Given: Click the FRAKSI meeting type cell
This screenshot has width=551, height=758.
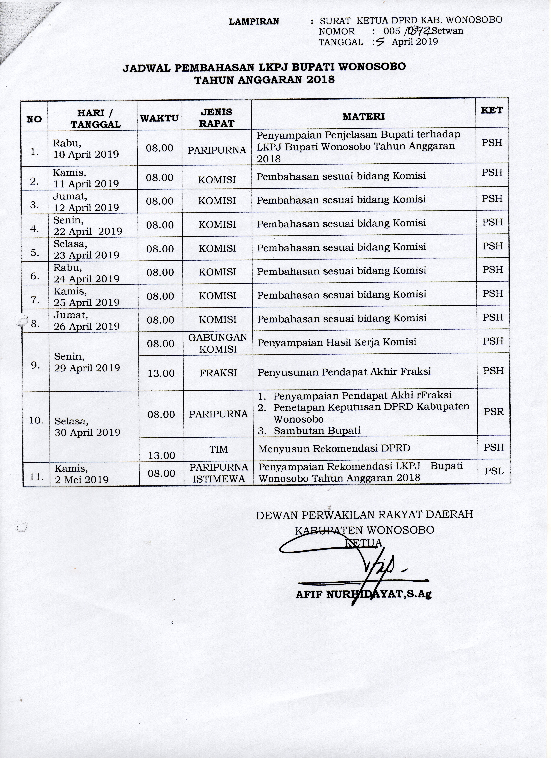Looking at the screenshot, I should click(x=218, y=373).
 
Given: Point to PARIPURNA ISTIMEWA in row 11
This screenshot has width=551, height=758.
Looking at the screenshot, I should click(x=219, y=473).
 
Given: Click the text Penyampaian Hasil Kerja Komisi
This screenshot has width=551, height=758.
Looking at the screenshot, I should click(x=337, y=342).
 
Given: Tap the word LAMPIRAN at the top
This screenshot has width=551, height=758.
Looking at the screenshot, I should click(x=254, y=21).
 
